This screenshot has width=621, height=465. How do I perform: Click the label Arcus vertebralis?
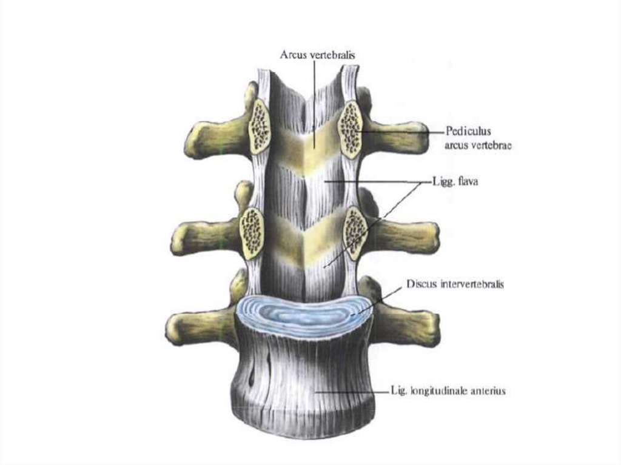tap(317, 55)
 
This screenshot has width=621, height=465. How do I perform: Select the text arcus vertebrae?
tap(478, 146)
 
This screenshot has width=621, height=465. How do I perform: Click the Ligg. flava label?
tap(455, 181)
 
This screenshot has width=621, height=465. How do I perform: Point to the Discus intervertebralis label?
tap(455, 283)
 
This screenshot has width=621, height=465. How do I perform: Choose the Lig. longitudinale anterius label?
tap(448, 391)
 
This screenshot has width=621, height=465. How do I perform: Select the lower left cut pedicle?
tap(250, 232)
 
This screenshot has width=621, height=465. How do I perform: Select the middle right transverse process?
tap(406, 236)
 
